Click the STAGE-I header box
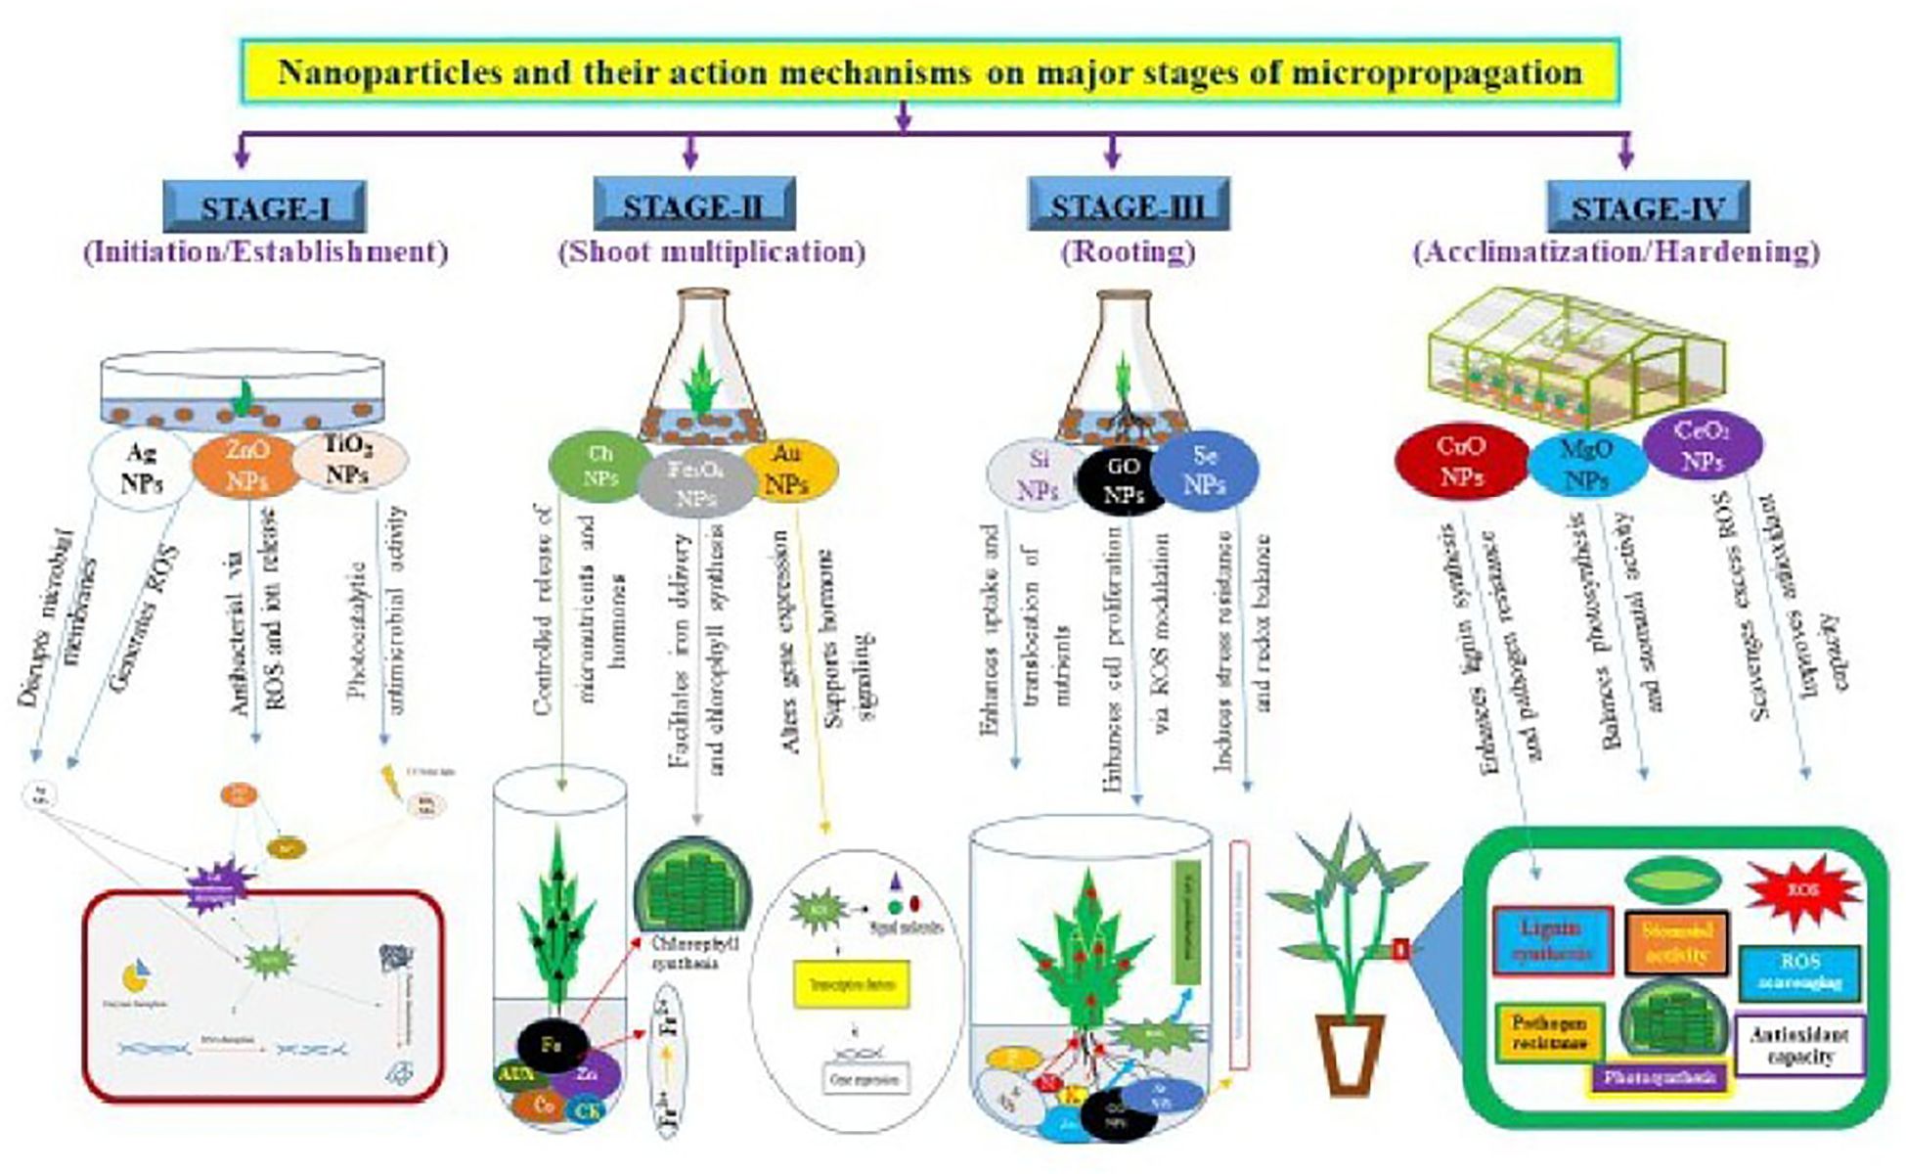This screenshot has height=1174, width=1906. click(x=264, y=206)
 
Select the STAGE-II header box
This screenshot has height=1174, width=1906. click(x=693, y=204)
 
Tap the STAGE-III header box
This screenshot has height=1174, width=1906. click(x=1128, y=204)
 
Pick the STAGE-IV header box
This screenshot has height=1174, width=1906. click(x=1647, y=206)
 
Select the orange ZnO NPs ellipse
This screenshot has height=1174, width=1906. click(x=245, y=464)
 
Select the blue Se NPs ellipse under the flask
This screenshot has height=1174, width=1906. click(x=1204, y=471)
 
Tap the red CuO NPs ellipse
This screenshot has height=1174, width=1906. click(x=1460, y=462)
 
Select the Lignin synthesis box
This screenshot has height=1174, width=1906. click(x=1552, y=940)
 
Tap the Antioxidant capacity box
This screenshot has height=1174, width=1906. click(x=1799, y=1046)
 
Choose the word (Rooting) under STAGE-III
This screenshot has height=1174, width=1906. click(x=1128, y=251)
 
